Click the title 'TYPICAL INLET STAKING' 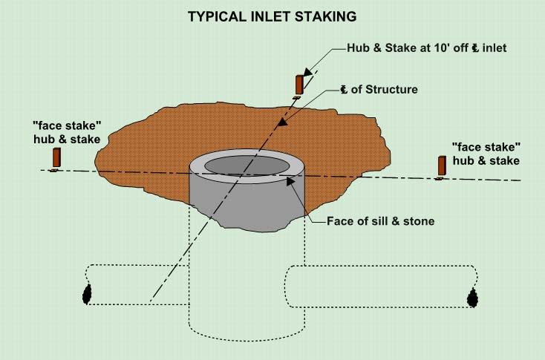272,14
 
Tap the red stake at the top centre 299,83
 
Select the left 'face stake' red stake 56,157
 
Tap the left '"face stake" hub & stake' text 59,130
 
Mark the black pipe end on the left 87,294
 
